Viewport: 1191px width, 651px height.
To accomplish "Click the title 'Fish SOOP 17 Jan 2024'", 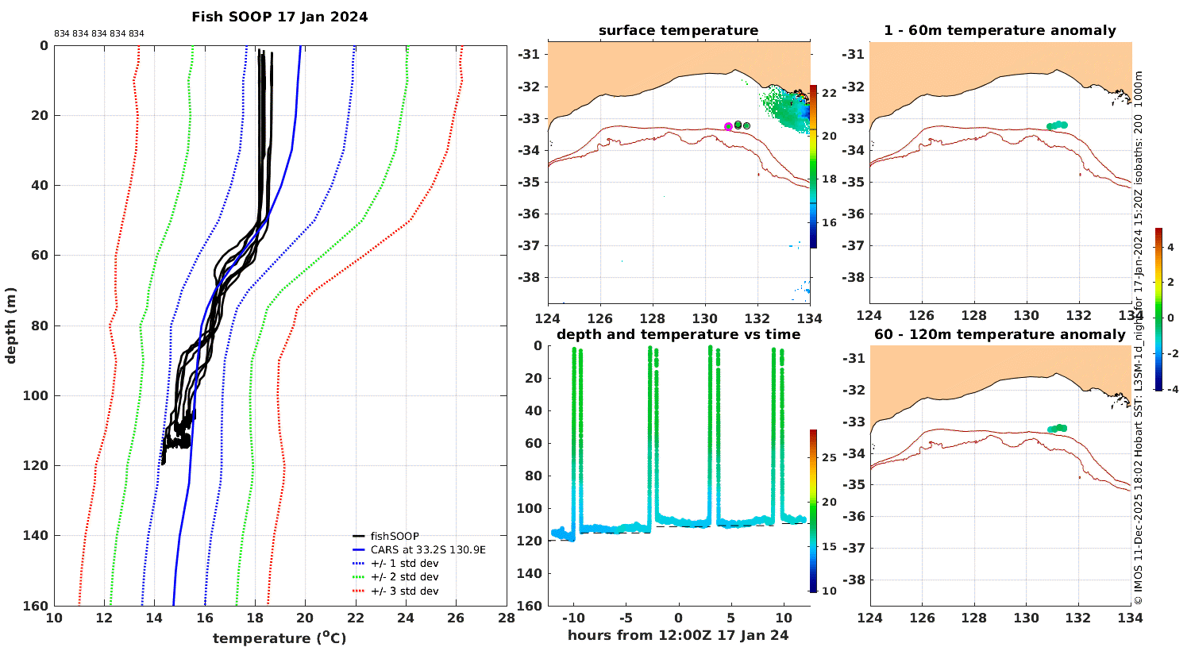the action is [x=279, y=17].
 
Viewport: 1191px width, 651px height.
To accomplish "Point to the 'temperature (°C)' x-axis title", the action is [x=279, y=638].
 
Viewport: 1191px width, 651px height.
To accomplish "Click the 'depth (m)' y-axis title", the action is [x=10, y=325].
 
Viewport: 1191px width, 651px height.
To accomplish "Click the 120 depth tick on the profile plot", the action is [x=37, y=466].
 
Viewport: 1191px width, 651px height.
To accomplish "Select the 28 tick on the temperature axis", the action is [x=507, y=618].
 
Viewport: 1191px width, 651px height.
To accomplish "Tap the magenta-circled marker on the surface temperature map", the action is [x=728, y=126].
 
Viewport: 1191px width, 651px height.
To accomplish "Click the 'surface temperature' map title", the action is [x=678, y=30].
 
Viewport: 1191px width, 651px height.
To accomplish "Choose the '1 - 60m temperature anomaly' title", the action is [x=1000, y=30].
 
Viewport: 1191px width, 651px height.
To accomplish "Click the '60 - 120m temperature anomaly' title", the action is [x=1000, y=334].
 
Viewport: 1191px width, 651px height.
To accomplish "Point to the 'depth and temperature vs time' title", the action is [x=678, y=334].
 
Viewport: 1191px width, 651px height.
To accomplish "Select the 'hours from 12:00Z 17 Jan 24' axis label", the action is [x=678, y=636].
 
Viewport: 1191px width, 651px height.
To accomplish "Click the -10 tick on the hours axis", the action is [x=573, y=618].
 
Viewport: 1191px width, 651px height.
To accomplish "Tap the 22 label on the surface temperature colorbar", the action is [x=829, y=94].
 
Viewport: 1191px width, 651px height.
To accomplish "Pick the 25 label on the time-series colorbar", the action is [x=829, y=457].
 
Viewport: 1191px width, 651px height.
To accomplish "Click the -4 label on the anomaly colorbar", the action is [x=1173, y=390].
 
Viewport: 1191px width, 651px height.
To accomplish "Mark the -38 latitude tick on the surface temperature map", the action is [x=529, y=278].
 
